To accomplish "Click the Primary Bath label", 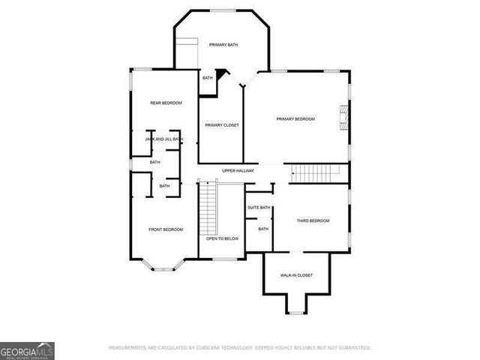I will (x=223, y=45).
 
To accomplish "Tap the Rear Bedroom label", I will (x=166, y=103).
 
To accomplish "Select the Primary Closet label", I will (x=222, y=125).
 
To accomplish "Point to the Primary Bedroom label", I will (x=295, y=119).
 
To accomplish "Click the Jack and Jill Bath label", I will (x=163, y=139).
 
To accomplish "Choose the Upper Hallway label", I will (x=238, y=171).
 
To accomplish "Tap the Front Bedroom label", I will (x=166, y=229).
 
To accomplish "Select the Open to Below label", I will (x=223, y=238).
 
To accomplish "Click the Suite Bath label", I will (x=259, y=208).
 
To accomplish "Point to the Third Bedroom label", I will (x=313, y=220).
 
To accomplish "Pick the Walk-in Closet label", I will (x=297, y=275).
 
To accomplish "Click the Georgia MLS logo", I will (x=27, y=350).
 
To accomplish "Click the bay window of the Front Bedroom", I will (x=166, y=264).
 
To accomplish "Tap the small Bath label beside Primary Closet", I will (x=208, y=78).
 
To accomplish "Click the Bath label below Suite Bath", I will (x=263, y=229).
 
